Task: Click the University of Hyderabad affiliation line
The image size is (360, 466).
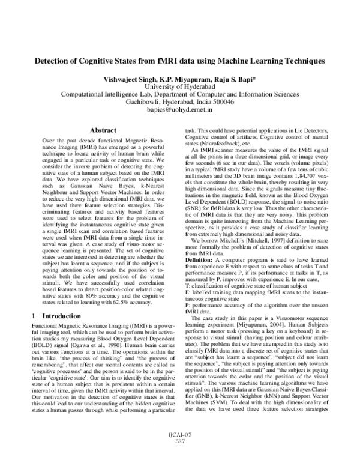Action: click(x=179, y=86)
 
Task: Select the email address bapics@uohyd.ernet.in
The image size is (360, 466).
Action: click(x=179, y=111)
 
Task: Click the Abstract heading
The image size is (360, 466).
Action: click(x=103, y=130)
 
